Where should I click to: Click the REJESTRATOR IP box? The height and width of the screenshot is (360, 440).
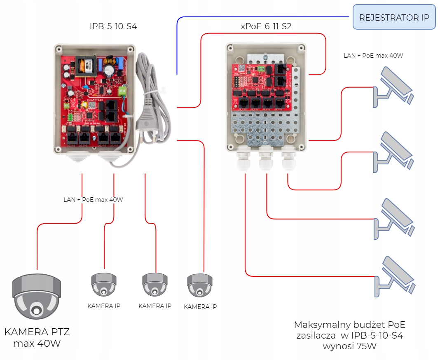(x=394, y=17)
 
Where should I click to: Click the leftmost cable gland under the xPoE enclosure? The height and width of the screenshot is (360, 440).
(x=243, y=161)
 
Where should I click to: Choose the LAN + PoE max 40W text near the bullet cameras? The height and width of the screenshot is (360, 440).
(x=373, y=55)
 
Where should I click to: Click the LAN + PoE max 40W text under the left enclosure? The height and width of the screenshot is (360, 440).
(x=93, y=200)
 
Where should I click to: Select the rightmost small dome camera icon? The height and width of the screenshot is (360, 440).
(x=200, y=285)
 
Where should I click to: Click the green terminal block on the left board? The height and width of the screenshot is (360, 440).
(x=122, y=91)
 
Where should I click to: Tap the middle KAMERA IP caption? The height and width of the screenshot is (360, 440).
(x=155, y=306)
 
